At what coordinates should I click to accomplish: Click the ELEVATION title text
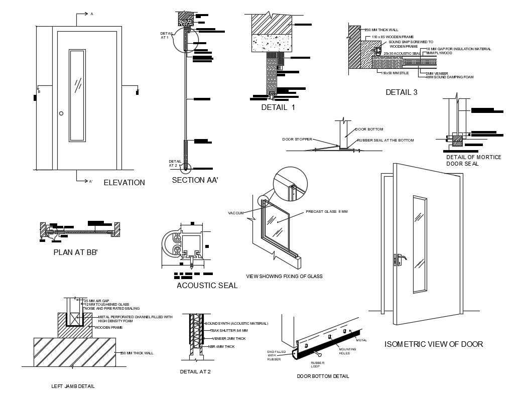click(x=124, y=183)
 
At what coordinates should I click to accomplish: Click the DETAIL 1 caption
click(x=278, y=107)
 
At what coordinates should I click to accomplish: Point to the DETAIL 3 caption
click(x=401, y=92)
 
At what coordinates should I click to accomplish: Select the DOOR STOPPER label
click(x=297, y=139)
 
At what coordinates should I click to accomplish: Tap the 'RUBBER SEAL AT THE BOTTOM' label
click(x=385, y=140)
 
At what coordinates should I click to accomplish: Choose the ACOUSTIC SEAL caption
click(x=207, y=286)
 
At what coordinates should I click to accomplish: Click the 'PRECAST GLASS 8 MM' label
click(x=327, y=212)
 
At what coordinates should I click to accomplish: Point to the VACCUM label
click(x=235, y=213)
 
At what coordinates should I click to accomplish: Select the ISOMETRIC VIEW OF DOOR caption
click(x=434, y=344)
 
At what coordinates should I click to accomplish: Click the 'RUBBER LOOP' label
click(x=317, y=364)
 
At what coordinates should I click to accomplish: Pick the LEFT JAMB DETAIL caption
click(x=73, y=386)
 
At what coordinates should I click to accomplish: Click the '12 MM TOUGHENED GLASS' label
click(x=106, y=305)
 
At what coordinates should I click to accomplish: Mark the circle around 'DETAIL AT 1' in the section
click(x=185, y=41)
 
